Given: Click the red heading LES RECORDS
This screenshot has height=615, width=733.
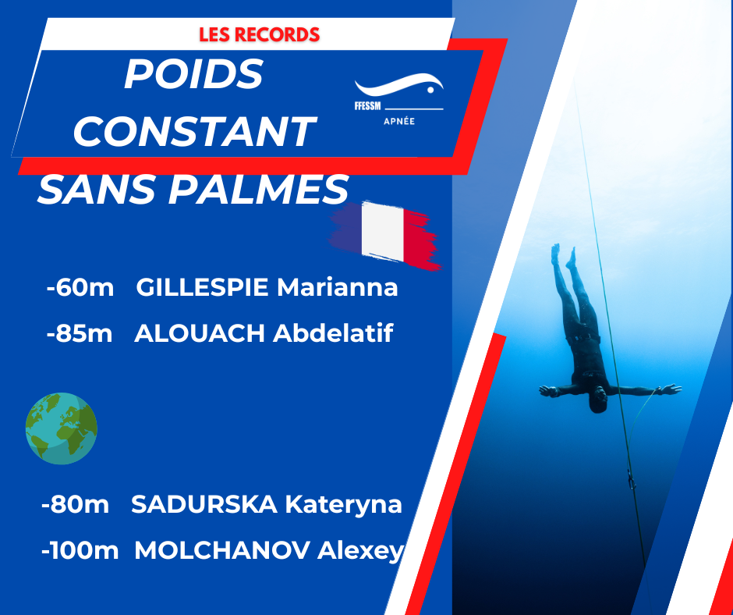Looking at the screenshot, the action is [260, 34].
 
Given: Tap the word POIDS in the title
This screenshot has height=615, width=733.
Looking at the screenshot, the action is [193, 74].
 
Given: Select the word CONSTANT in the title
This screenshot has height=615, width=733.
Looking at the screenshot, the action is [194, 131].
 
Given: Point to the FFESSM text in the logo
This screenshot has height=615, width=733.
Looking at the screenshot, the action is [367, 106].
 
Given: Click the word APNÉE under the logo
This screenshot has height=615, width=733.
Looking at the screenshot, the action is [399, 121].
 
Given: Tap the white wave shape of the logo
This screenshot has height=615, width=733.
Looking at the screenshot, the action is [398, 85].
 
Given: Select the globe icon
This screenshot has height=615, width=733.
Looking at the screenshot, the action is [62, 428].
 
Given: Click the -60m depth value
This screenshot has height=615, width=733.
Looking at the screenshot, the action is [80, 287].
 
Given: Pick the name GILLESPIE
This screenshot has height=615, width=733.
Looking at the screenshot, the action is [202, 287].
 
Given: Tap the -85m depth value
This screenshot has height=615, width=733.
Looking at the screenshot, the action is [79, 333].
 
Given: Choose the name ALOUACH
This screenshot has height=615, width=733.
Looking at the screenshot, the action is [200, 333].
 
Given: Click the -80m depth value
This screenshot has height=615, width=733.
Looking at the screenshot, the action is [75, 504].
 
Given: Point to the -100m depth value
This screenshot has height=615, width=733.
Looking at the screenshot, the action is [80, 550].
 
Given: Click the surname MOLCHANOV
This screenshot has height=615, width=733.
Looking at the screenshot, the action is [222, 550].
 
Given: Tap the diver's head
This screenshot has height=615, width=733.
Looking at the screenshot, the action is [598, 400].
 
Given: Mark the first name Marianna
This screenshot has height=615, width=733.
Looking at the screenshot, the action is [337, 287].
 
